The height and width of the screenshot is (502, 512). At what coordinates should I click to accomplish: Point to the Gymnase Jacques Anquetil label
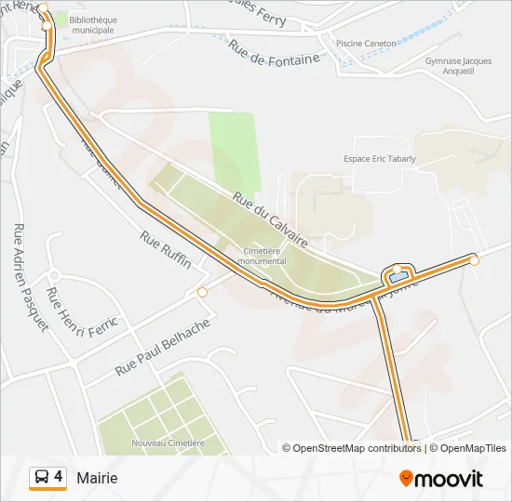[x=456, y=66]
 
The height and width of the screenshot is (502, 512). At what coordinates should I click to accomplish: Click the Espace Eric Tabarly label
[x=380, y=159]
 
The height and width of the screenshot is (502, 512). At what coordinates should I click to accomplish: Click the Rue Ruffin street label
[x=166, y=250]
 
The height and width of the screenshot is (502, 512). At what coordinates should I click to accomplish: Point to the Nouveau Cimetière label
[x=168, y=443]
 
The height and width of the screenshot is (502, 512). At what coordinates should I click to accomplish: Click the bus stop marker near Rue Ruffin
[x=203, y=293]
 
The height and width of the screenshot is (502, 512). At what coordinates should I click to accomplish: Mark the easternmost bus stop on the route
[x=475, y=260]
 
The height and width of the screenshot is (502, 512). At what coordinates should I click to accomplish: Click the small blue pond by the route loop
[x=398, y=277]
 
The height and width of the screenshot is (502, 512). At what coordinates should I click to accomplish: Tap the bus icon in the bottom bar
[x=42, y=478]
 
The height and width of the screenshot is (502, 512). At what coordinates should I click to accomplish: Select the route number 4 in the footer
[x=59, y=477]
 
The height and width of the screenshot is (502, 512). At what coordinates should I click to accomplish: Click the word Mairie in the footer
[x=98, y=478]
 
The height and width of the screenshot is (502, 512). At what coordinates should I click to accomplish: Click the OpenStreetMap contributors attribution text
[x=355, y=448]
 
